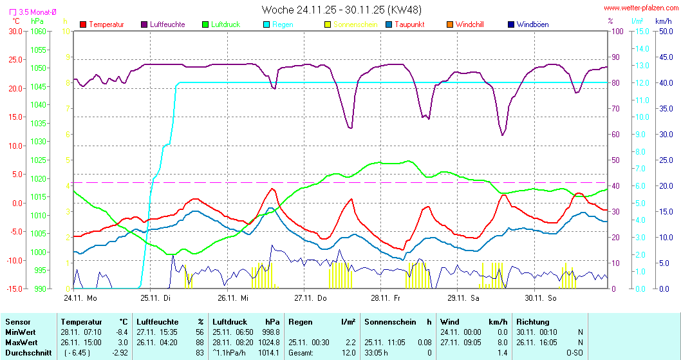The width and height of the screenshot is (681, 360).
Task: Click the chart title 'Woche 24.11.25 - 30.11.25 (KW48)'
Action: [342, 10]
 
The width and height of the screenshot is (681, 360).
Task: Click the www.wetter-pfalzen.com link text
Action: [640, 8]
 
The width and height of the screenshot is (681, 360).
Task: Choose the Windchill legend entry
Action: [469, 24]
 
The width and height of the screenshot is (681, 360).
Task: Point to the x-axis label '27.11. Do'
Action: [310, 298]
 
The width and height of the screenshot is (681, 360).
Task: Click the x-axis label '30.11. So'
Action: [540, 298]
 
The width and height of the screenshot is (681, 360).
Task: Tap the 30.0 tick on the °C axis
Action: [14, 31]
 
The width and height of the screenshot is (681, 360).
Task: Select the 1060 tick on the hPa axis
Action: [39, 31]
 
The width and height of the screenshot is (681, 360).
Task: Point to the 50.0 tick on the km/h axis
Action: [664, 31]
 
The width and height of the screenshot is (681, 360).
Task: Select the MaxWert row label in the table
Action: [21, 343]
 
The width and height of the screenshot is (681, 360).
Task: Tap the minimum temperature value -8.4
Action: [120, 332]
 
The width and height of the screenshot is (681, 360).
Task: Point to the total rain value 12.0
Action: [348, 353]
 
